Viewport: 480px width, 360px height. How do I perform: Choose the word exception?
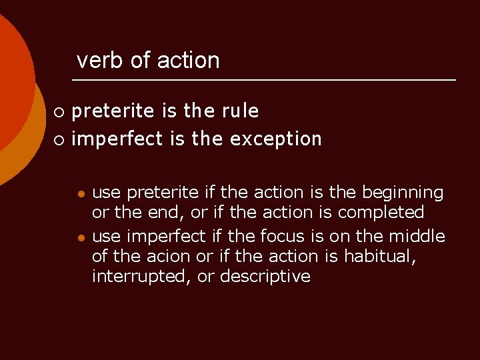275,139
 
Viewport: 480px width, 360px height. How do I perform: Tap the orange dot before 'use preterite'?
80,193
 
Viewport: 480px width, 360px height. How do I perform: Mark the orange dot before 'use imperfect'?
80,237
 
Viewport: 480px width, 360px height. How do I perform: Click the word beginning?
402,193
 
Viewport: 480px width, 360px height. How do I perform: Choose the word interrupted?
143,277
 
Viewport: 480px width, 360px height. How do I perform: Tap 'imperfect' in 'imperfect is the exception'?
117,139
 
